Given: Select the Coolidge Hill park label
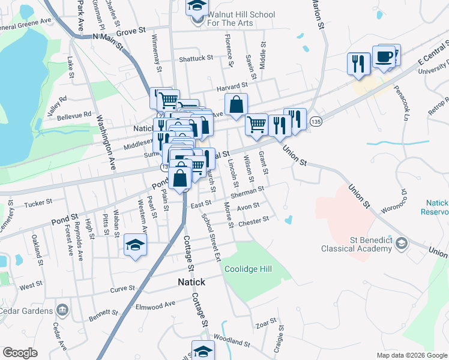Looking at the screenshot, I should click(x=248, y=269).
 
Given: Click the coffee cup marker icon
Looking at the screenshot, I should click(x=384, y=57).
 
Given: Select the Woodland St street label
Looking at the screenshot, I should click(x=231, y=341).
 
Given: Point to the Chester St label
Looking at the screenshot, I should click(x=255, y=221).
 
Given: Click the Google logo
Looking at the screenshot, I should click(x=20, y=352).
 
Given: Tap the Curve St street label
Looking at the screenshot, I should click(x=122, y=289).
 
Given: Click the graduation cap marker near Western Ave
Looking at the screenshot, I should click(x=136, y=245).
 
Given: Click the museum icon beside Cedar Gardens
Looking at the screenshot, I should click(x=62, y=310).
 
